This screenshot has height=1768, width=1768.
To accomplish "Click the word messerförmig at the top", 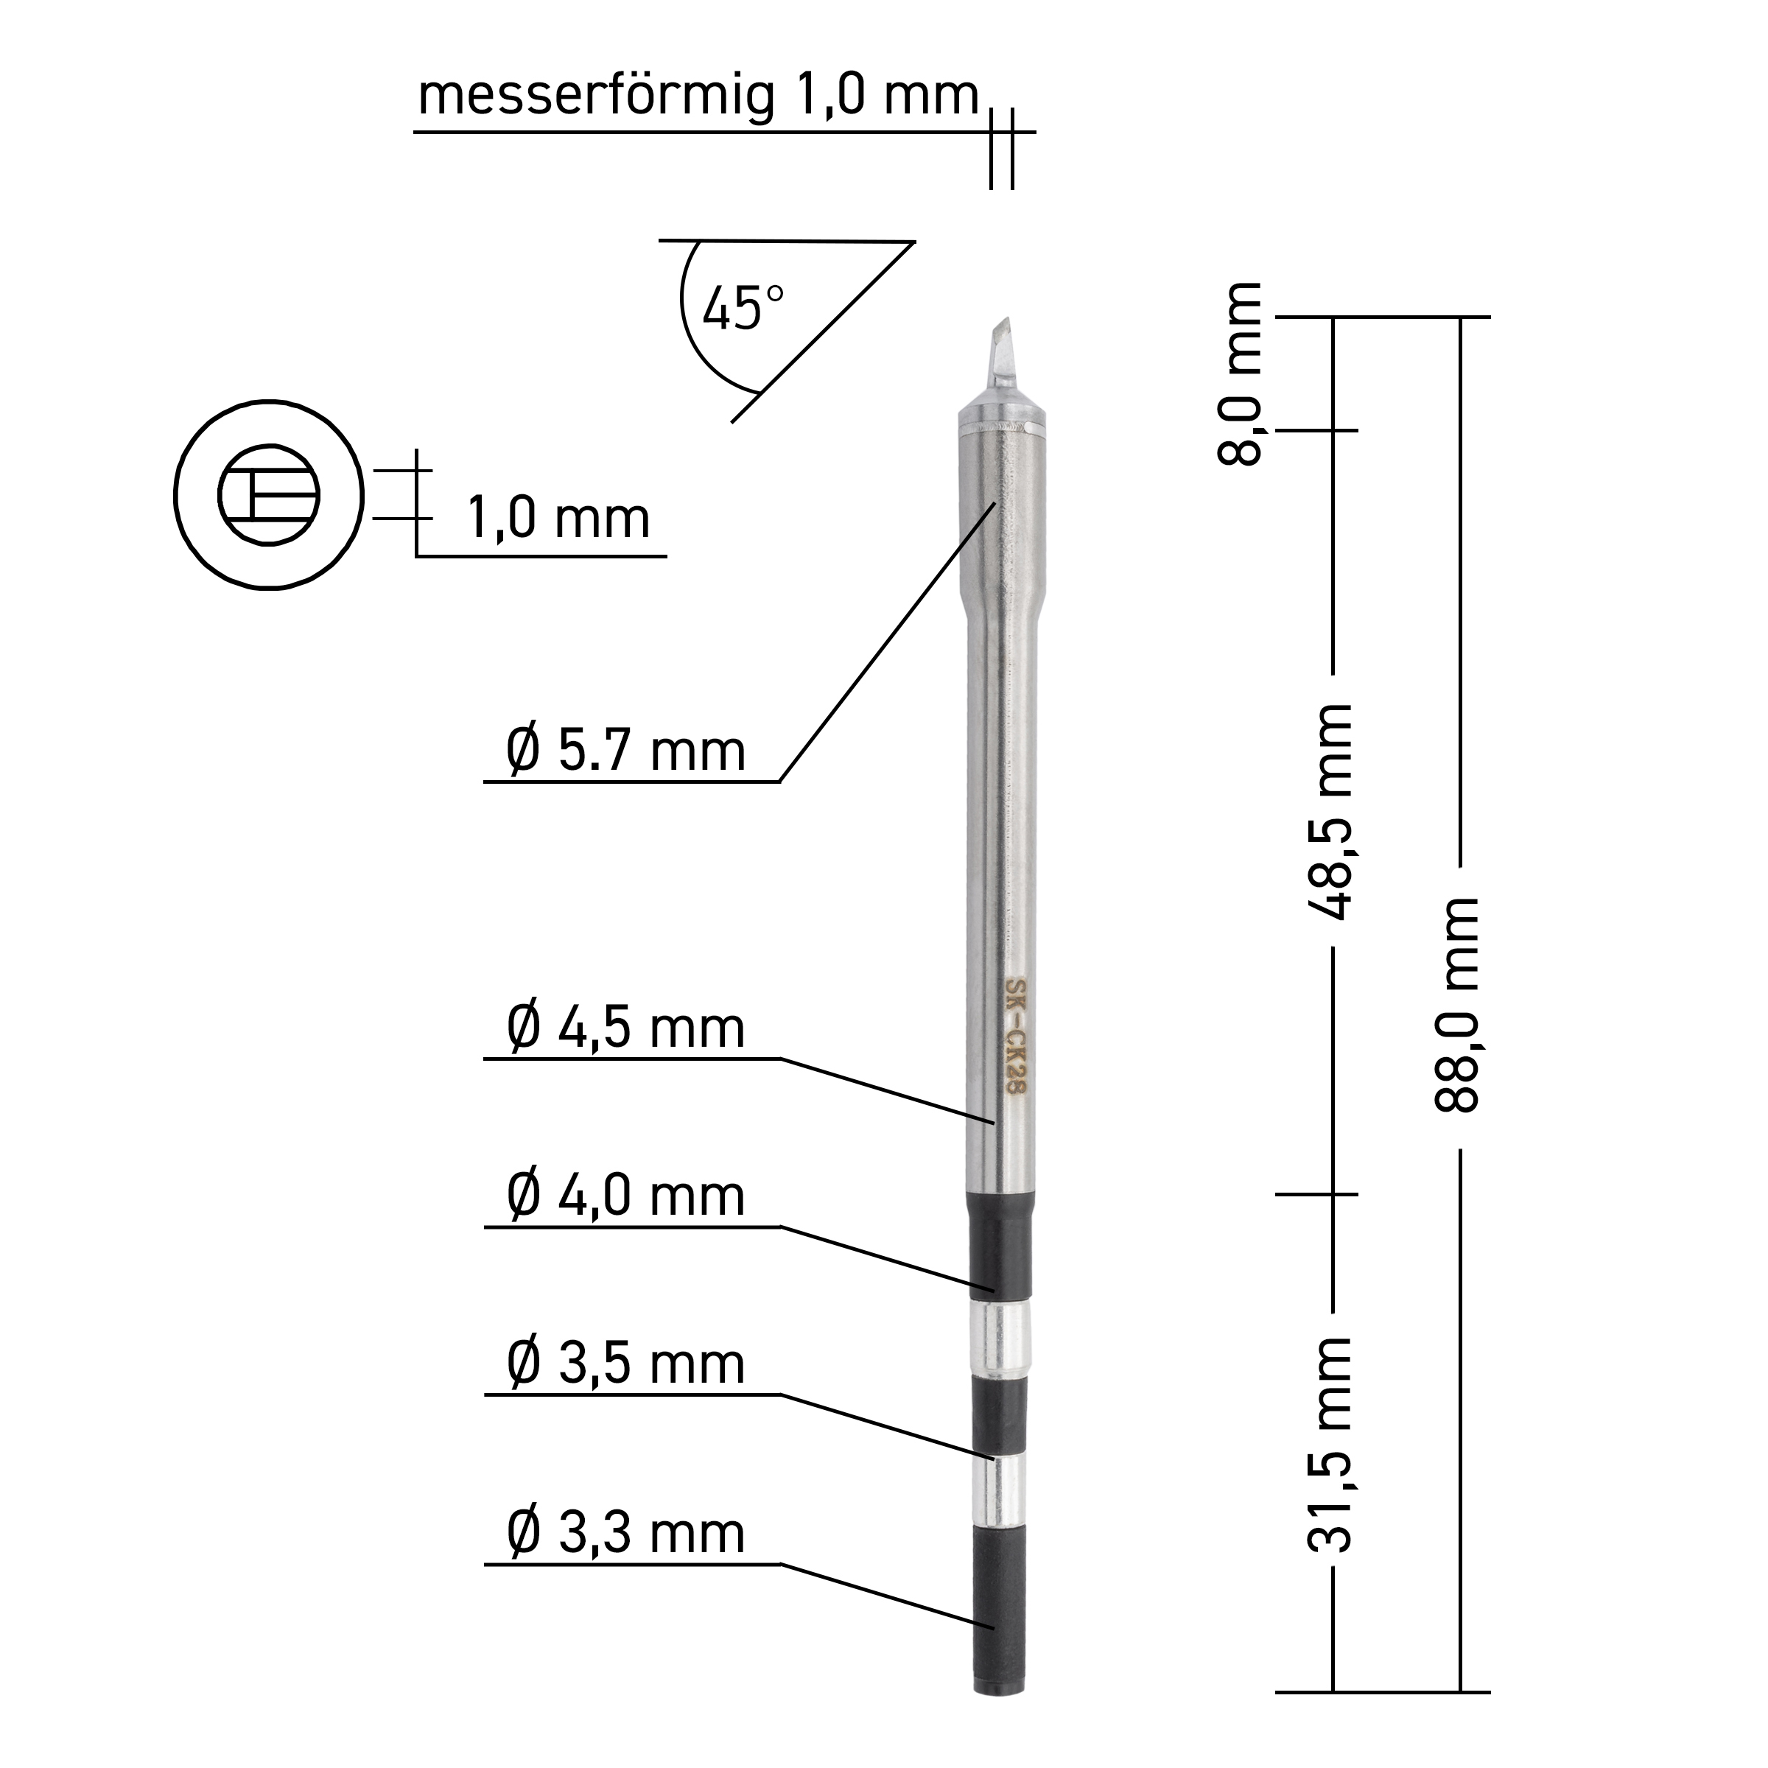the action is [597, 96].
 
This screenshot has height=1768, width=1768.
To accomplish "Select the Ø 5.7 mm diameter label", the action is [626, 752].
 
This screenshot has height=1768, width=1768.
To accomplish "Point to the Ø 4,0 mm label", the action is [626, 1196].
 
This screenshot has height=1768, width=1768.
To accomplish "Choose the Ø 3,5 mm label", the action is [626, 1364].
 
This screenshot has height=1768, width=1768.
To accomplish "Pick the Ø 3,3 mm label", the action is [626, 1533].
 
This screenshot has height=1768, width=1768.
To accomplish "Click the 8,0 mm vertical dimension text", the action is [1241, 373].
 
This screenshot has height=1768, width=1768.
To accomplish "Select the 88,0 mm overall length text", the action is [1456, 1004].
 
